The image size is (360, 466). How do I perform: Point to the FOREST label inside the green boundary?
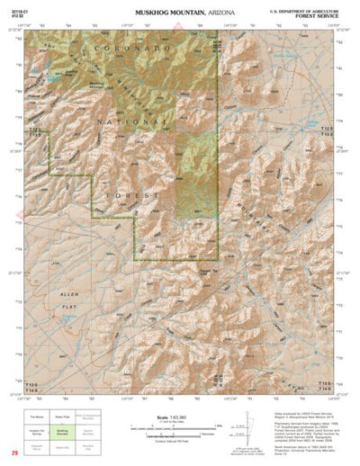135,193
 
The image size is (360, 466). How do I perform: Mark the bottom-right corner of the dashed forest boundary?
219,260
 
